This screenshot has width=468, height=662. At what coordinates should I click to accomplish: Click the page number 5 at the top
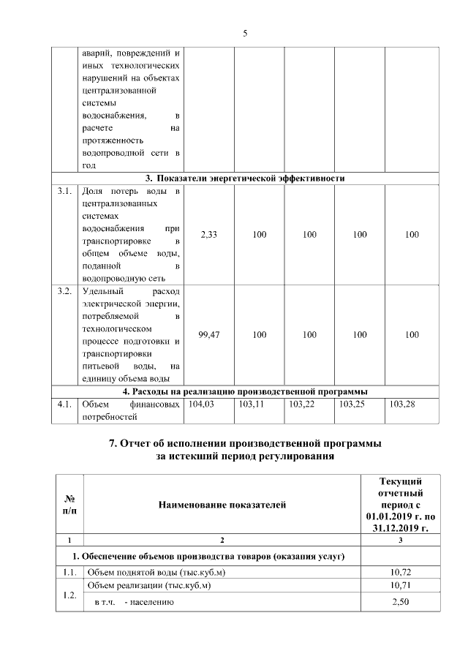[245, 33]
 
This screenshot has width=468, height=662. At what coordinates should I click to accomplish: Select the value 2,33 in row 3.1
[208, 235]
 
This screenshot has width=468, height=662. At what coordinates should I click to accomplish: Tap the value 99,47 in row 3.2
[208, 334]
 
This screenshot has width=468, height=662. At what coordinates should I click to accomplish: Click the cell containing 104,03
[201, 403]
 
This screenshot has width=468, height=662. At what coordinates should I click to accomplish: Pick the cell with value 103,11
[252, 403]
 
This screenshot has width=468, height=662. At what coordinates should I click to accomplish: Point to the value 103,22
[302, 403]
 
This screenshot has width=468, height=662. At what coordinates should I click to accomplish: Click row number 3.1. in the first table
[64, 192]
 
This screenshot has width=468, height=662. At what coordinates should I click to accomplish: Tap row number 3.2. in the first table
[64, 292]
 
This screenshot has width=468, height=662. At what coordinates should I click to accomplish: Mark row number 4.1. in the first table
[64, 403]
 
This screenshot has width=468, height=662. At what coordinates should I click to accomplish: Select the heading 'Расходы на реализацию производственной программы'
[244, 391]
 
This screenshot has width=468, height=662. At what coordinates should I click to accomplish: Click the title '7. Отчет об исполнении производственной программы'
[245, 444]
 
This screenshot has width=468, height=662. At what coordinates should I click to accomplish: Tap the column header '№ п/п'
[69, 504]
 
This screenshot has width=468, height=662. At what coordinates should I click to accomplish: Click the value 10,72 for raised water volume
[399, 571]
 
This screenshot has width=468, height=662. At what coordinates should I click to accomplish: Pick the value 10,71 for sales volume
[399, 586]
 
